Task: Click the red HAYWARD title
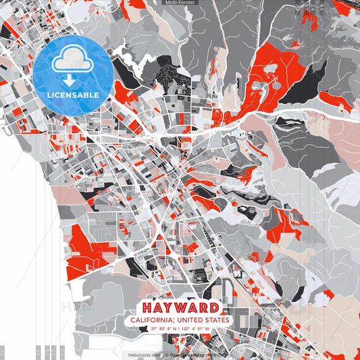[x=180, y=306]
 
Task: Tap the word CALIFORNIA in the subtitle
[x=154, y=319]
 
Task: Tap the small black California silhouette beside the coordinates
[x=143, y=329]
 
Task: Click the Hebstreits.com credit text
[x=145, y=354]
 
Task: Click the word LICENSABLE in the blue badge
[x=73, y=95]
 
